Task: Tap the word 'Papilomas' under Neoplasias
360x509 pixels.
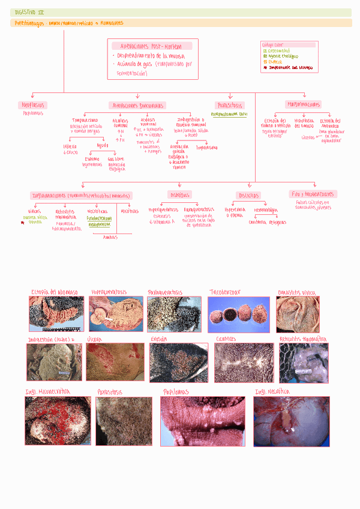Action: [x=33, y=113]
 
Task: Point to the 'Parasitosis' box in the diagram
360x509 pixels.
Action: [x=230, y=106]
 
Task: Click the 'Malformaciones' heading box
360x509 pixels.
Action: [x=304, y=104]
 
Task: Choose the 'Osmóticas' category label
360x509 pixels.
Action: [x=179, y=195]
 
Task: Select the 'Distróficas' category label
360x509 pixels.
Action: [x=248, y=195]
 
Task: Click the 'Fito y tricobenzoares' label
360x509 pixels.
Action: [x=313, y=194]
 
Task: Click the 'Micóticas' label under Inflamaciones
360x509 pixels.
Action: [x=129, y=211]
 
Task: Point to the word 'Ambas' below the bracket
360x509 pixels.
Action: [x=110, y=237]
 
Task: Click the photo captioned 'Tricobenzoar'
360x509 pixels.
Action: [x=238, y=314]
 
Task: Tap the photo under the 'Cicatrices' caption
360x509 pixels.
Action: [x=244, y=363]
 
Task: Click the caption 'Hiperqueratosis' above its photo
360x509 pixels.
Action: [x=109, y=292]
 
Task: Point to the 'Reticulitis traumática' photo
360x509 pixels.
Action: [x=304, y=363]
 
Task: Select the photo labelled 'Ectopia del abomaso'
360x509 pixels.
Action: [x=56, y=314]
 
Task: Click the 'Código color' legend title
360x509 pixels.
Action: [x=274, y=45]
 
